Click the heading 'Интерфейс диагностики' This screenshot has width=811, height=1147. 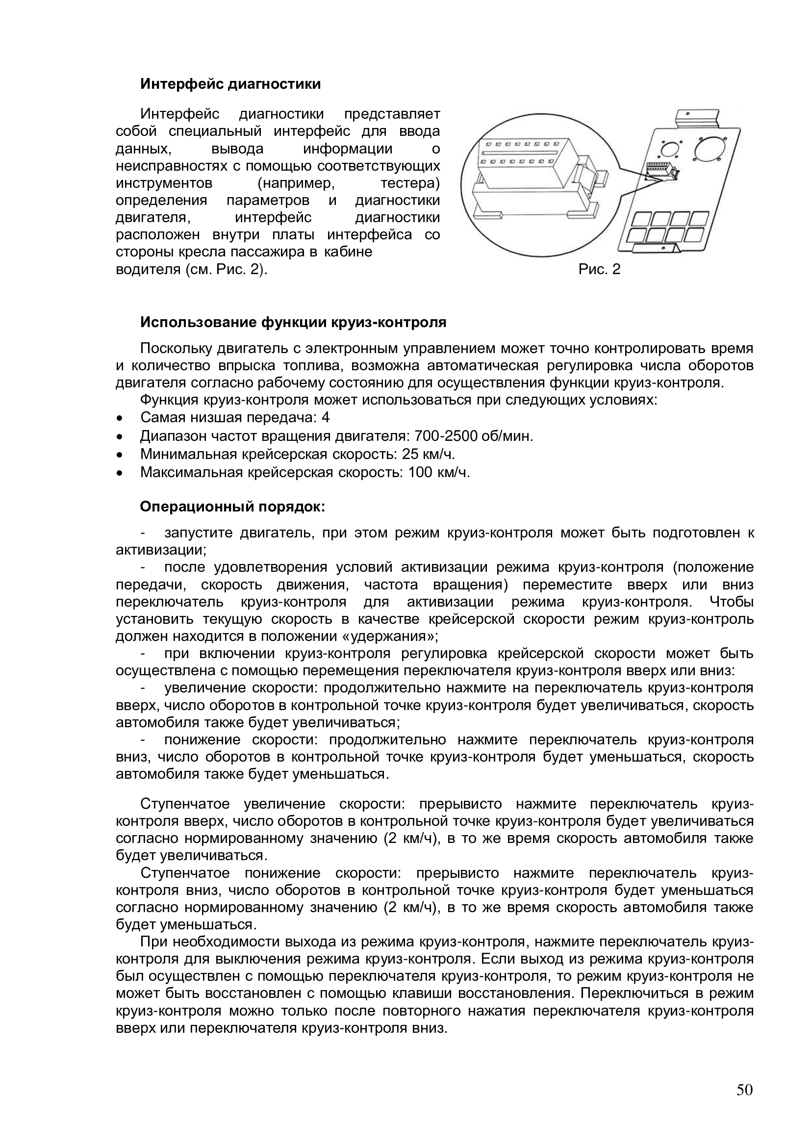[230, 84]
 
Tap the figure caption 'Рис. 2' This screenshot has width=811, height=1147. [599, 270]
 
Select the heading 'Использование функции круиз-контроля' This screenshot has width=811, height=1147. [293, 322]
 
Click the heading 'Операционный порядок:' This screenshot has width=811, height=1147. [233, 507]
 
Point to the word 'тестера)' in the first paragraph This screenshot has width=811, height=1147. [410, 184]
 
